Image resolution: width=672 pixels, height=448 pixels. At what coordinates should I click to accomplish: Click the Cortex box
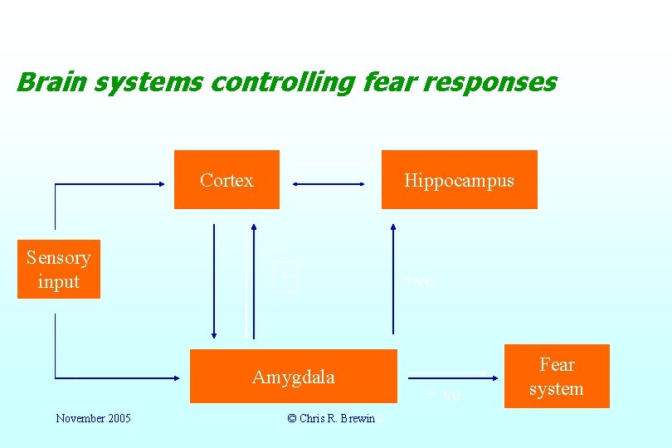point(226,179)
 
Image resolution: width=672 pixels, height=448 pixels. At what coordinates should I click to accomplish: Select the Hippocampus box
point(459,179)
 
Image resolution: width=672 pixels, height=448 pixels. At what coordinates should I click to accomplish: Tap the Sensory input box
point(58,269)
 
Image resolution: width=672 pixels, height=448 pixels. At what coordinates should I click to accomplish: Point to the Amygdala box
point(294,376)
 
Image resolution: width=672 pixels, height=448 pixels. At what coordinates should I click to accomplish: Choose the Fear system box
point(557,376)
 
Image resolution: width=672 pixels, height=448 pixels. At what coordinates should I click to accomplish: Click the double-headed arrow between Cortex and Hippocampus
point(329,184)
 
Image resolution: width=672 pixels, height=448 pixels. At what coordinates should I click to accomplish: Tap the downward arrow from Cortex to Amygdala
point(214,282)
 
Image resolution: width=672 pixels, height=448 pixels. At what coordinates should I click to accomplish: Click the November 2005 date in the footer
point(93,418)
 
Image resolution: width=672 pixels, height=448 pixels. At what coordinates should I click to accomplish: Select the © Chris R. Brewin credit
point(331,418)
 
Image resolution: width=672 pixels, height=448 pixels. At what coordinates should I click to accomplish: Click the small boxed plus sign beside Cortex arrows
point(285,276)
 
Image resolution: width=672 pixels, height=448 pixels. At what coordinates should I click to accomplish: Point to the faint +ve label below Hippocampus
point(418,281)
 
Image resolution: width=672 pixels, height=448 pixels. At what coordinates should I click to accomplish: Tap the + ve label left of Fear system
point(444,395)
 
